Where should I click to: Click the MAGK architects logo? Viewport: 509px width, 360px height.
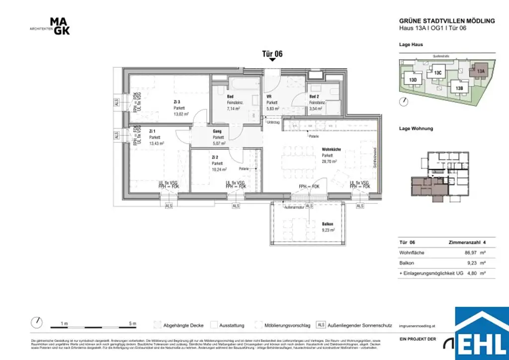point(60,26)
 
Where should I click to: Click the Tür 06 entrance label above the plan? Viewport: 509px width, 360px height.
point(272,54)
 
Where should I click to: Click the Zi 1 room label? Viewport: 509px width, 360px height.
point(152,131)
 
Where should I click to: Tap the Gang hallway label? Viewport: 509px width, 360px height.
point(217,131)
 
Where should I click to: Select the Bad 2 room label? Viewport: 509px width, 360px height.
point(315,96)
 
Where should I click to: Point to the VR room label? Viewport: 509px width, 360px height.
point(269,96)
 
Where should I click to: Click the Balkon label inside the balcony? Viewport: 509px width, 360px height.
point(328,224)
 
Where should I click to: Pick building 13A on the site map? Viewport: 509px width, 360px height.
point(480,71)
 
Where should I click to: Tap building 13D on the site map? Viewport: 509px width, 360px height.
point(413,79)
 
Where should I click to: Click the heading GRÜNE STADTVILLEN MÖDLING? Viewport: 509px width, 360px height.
point(447,21)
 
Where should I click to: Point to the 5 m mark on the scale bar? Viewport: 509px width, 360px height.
point(132,324)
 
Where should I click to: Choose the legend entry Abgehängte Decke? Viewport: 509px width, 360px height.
point(183,326)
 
